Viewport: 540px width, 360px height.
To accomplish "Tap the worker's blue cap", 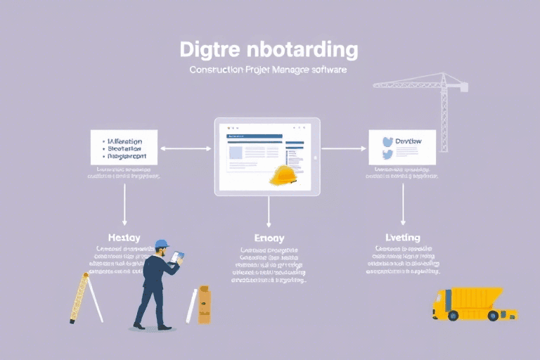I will click(162, 244).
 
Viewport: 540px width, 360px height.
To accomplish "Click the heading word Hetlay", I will click(125, 237).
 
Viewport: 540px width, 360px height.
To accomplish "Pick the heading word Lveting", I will click(402, 237).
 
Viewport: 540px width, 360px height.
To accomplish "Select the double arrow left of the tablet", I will click(186, 148).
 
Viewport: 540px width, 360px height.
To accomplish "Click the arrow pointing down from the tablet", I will click(269, 210).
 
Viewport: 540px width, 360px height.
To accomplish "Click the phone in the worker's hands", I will click(176, 257).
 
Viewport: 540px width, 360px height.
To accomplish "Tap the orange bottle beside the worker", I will click(204, 305).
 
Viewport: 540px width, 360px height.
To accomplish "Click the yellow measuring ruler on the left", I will click(79, 296).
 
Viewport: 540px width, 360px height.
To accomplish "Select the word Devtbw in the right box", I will click(409, 142).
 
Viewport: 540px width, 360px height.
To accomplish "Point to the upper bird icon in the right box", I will click(386, 141).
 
